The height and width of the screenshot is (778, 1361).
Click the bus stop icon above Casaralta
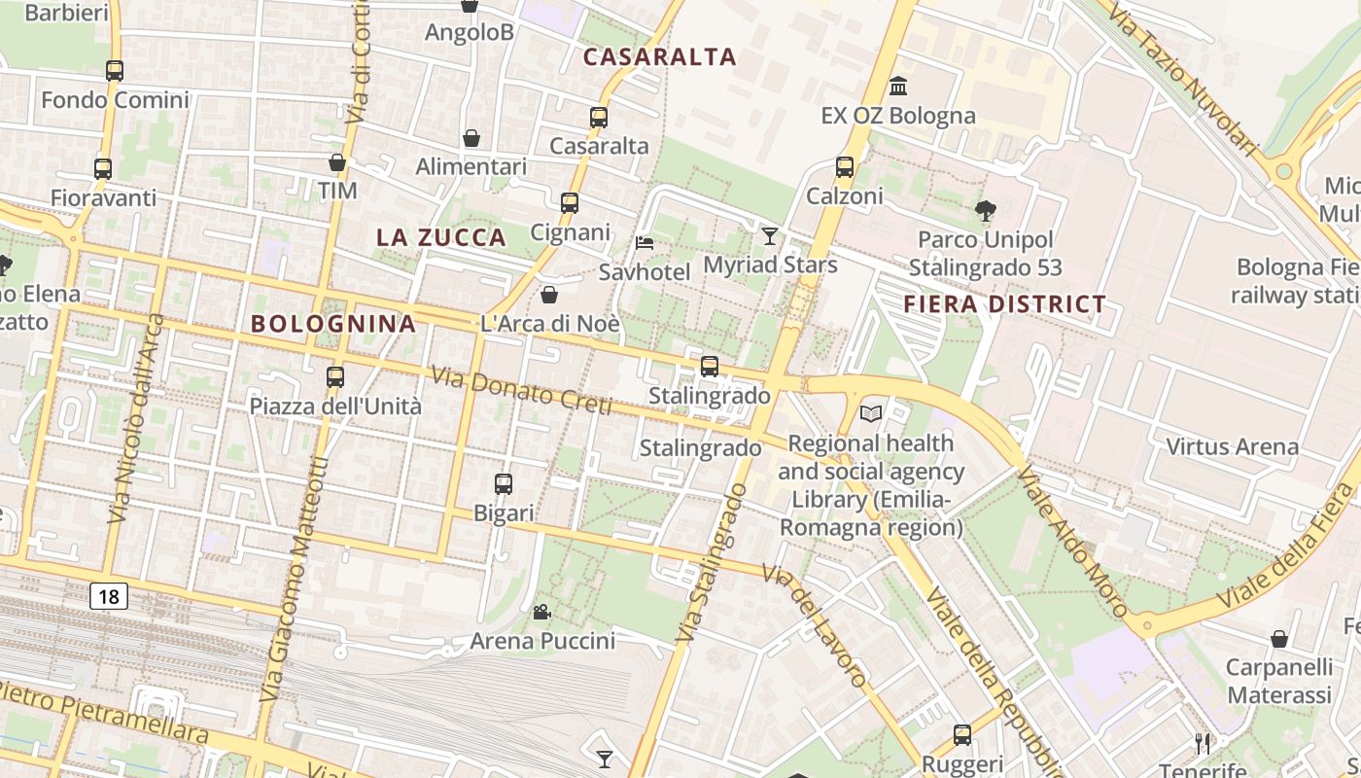(x=599, y=118)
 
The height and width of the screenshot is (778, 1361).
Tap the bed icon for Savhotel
(x=645, y=242)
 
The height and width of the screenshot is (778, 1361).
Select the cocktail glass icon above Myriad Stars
(x=770, y=235)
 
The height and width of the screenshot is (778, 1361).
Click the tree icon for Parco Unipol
(x=985, y=210)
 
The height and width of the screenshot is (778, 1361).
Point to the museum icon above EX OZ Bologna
(x=898, y=87)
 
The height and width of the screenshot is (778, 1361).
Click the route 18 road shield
(x=108, y=595)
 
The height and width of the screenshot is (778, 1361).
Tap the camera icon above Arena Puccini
(x=542, y=612)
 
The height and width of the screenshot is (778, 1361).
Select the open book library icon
(x=870, y=414)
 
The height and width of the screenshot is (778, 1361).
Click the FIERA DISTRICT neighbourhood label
(x=1004, y=304)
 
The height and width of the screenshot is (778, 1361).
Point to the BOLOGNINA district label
(x=333, y=324)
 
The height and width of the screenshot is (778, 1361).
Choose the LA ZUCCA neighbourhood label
(x=441, y=237)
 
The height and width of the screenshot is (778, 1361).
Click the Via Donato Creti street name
(x=521, y=389)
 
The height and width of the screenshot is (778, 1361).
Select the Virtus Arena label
(x=1232, y=447)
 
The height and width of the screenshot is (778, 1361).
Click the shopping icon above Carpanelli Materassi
(x=1279, y=639)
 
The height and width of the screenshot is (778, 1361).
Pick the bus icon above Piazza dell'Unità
(x=335, y=377)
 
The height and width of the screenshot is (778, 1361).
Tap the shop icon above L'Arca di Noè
(x=549, y=295)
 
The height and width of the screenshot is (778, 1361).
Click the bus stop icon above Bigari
(x=504, y=484)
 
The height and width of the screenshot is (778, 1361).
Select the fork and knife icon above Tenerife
(x=1203, y=744)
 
